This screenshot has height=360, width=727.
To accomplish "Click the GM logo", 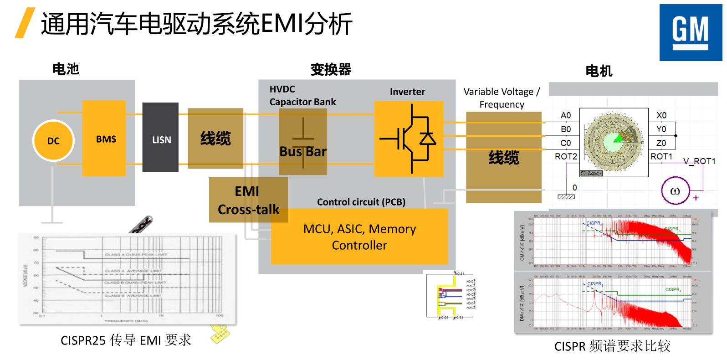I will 691,33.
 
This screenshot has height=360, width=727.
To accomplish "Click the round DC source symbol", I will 53,141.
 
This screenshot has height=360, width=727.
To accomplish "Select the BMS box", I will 104,139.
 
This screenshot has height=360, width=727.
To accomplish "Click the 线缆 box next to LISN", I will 215,138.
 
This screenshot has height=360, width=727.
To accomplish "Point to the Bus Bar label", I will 303,151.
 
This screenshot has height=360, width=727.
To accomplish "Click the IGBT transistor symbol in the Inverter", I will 409,139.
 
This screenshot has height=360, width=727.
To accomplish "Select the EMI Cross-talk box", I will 248,200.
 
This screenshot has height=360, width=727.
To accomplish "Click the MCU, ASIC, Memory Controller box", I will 359,237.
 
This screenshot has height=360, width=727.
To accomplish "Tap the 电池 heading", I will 66,69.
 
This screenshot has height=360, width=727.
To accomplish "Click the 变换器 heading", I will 331,69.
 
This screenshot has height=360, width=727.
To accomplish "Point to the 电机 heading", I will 599,71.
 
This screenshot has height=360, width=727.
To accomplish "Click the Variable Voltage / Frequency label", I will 502,98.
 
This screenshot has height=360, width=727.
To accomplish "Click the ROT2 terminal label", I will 565,156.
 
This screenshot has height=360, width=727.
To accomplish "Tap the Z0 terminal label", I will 661,143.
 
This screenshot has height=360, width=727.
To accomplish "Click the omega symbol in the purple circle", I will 675,191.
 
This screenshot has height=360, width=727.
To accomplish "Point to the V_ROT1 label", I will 699,161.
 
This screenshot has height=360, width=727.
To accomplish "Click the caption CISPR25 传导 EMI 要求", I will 126,340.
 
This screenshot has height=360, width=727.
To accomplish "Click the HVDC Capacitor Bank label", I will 302,96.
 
